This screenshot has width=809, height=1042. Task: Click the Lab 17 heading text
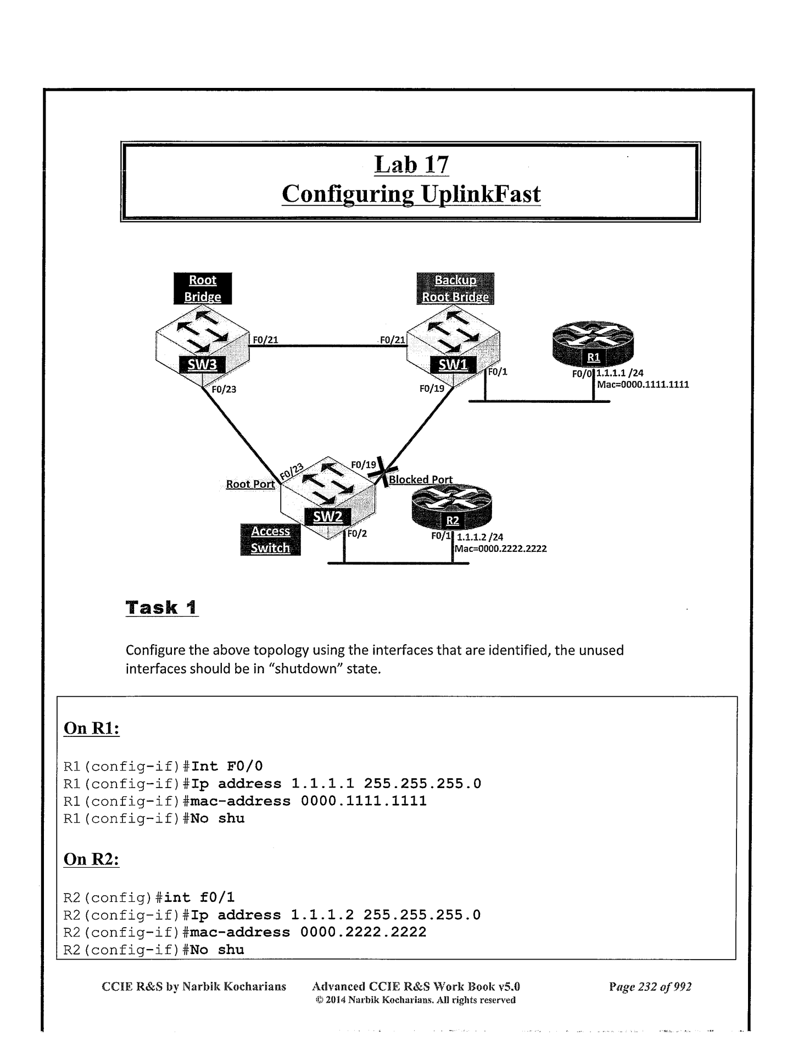[x=411, y=164]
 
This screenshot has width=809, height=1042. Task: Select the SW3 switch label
[x=203, y=365]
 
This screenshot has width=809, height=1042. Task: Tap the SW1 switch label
[x=453, y=365]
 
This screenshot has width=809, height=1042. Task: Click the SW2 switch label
[x=328, y=517]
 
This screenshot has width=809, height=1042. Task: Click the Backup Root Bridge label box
[x=455, y=289]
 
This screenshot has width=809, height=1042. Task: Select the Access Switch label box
[x=270, y=540]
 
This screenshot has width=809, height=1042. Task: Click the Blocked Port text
[x=421, y=480]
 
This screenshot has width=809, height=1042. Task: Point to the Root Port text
[x=250, y=484]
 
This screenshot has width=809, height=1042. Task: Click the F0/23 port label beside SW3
[x=224, y=390]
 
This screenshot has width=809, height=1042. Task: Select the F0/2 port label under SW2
[x=357, y=534]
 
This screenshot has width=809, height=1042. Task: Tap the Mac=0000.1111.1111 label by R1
[x=643, y=385]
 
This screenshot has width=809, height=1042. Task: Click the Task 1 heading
[x=161, y=608]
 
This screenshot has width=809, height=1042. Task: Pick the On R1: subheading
[x=92, y=728]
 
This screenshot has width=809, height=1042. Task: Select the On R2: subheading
[x=92, y=859]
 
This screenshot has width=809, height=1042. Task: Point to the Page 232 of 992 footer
[x=650, y=986]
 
